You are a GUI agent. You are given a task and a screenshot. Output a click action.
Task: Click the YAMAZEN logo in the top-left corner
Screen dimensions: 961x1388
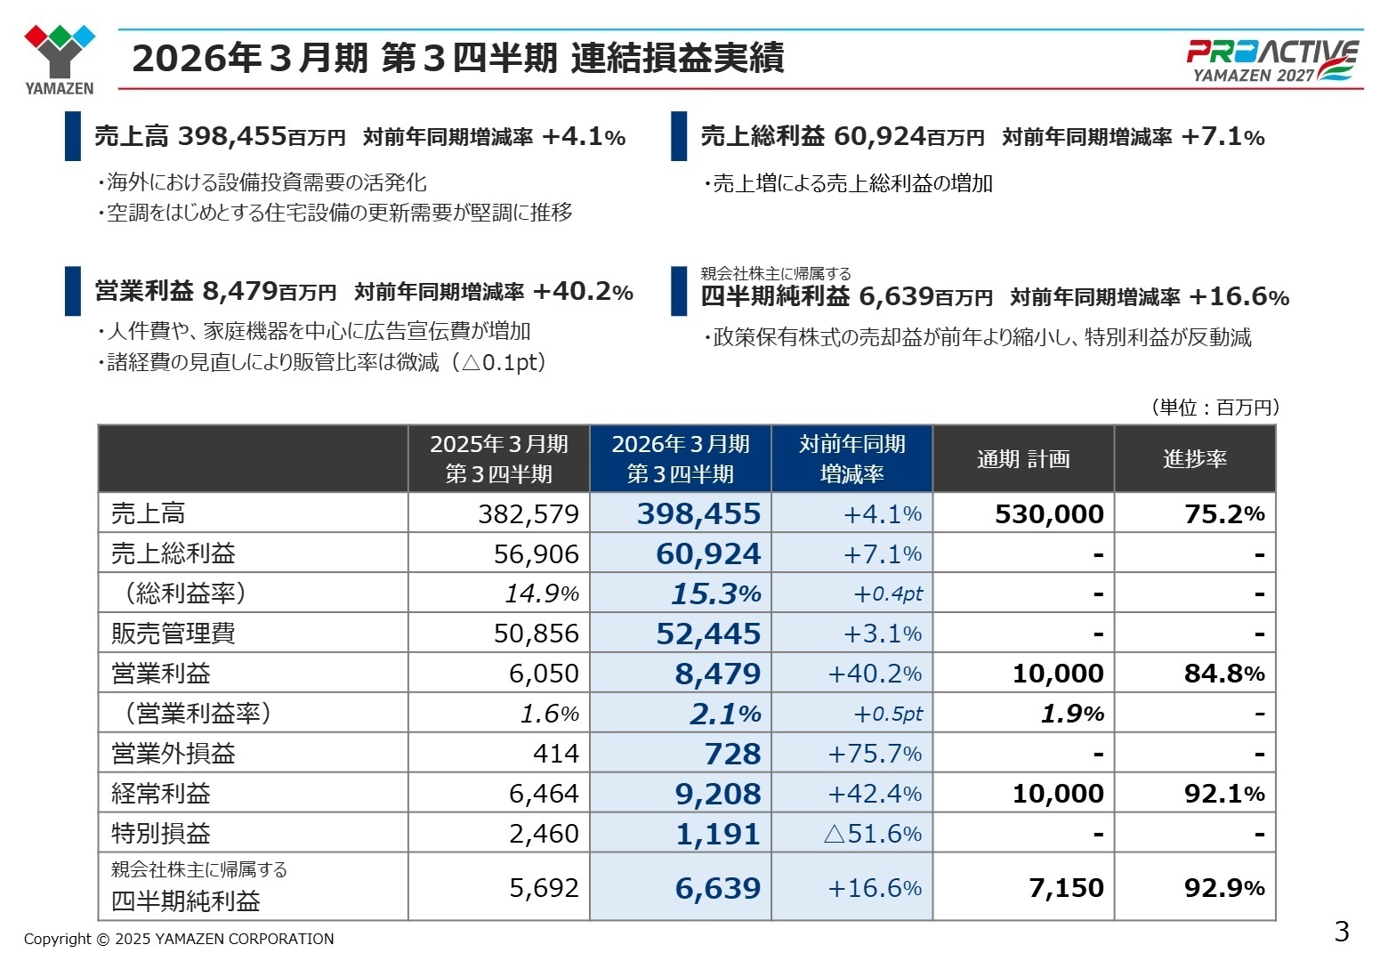59,58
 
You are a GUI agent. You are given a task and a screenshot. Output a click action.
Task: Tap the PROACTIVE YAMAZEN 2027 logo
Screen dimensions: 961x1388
1272,61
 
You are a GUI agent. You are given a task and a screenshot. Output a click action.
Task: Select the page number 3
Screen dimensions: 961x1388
1342,932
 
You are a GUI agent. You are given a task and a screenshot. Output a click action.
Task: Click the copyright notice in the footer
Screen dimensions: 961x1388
179,939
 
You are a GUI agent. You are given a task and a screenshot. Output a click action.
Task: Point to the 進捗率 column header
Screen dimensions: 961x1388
1194,459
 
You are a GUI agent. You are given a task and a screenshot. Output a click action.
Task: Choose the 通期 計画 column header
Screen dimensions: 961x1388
1023,459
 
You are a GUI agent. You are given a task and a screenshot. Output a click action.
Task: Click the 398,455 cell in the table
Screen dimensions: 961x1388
698,514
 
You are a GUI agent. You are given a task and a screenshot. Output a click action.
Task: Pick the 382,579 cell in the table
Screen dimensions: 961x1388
528,514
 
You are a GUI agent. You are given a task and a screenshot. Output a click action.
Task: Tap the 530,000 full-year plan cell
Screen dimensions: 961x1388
1049,514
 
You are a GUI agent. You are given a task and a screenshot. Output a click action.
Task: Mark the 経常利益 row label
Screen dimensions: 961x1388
161,794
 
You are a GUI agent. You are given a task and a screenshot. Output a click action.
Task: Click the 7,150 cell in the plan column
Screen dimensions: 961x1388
1066,888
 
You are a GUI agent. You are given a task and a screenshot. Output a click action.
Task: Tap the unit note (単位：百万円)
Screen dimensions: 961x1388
1215,408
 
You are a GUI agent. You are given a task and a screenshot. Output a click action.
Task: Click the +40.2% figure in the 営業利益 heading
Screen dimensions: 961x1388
583,292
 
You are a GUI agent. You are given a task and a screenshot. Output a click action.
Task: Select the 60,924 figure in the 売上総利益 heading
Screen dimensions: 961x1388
880,136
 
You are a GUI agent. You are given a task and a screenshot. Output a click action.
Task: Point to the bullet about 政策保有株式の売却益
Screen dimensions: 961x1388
977,338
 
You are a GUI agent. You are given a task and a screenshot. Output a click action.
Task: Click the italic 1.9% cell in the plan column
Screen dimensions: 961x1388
1072,714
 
